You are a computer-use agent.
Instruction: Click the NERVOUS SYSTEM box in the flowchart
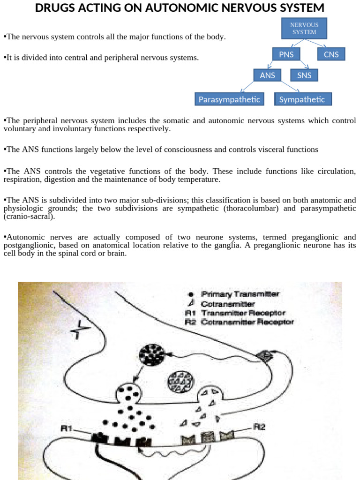304,29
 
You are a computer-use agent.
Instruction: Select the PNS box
286,54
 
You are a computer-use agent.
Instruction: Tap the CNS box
331,54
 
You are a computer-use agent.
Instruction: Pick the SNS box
304,75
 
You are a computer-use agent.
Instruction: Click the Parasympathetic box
229,99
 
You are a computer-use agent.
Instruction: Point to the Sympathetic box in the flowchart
302,99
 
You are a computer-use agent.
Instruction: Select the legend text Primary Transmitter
240,294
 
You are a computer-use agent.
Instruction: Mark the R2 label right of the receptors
260,427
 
